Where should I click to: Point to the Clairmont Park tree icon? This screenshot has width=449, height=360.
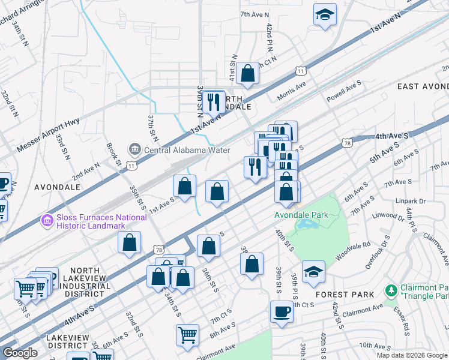coord(391,291)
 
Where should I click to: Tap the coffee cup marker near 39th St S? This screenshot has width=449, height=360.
coord(281,311)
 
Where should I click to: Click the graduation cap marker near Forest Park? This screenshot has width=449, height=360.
coord(313,272)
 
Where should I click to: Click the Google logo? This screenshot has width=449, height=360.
coord(20,352)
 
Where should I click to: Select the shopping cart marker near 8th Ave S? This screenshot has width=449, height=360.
coord(188,335)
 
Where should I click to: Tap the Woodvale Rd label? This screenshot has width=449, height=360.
coord(353,251)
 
